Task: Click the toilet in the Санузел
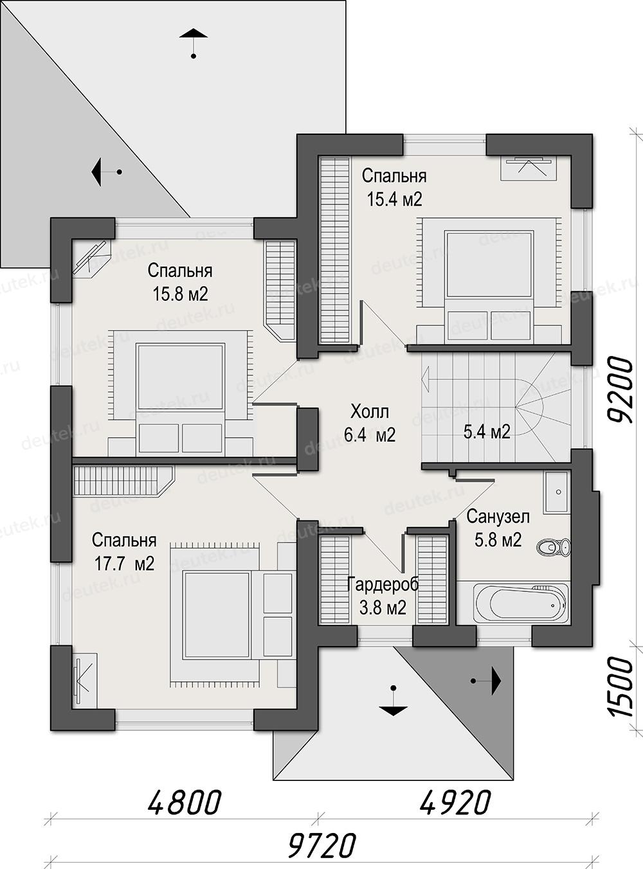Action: click(x=553, y=547)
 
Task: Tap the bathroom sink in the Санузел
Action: click(x=556, y=492)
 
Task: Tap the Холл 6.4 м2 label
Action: click(x=369, y=424)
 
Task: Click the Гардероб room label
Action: click(x=383, y=584)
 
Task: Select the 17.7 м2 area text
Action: click(x=124, y=564)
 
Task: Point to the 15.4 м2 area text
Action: click(x=394, y=199)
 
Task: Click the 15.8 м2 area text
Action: click(x=180, y=294)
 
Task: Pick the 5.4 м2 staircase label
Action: click(x=487, y=431)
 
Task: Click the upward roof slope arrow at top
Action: click(x=194, y=44)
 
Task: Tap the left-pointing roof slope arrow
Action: click(x=106, y=172)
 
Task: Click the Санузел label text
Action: click(x=498, y=517)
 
